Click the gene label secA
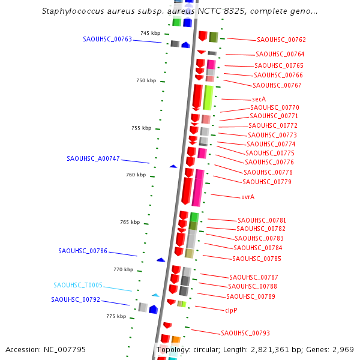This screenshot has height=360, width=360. tap(259, 99)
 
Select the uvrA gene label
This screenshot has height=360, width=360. tap(248, 197)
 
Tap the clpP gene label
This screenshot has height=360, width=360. tap(231, 310)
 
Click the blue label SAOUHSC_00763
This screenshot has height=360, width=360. tap(107, 39)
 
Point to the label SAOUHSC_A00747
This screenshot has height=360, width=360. tap(93, 159)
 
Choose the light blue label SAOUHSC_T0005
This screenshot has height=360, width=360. tap(78, 286)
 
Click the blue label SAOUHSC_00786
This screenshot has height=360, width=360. tap(83, 251)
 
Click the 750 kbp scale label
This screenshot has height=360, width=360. tap(146, 80)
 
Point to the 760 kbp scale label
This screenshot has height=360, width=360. tap(136, 175)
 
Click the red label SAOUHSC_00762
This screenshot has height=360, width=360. tap(281, 40)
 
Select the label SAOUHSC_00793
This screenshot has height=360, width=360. tap(245, 333)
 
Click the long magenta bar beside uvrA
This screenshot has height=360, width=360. tap(198, 188)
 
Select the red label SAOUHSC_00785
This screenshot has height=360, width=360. tap(257, 259)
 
